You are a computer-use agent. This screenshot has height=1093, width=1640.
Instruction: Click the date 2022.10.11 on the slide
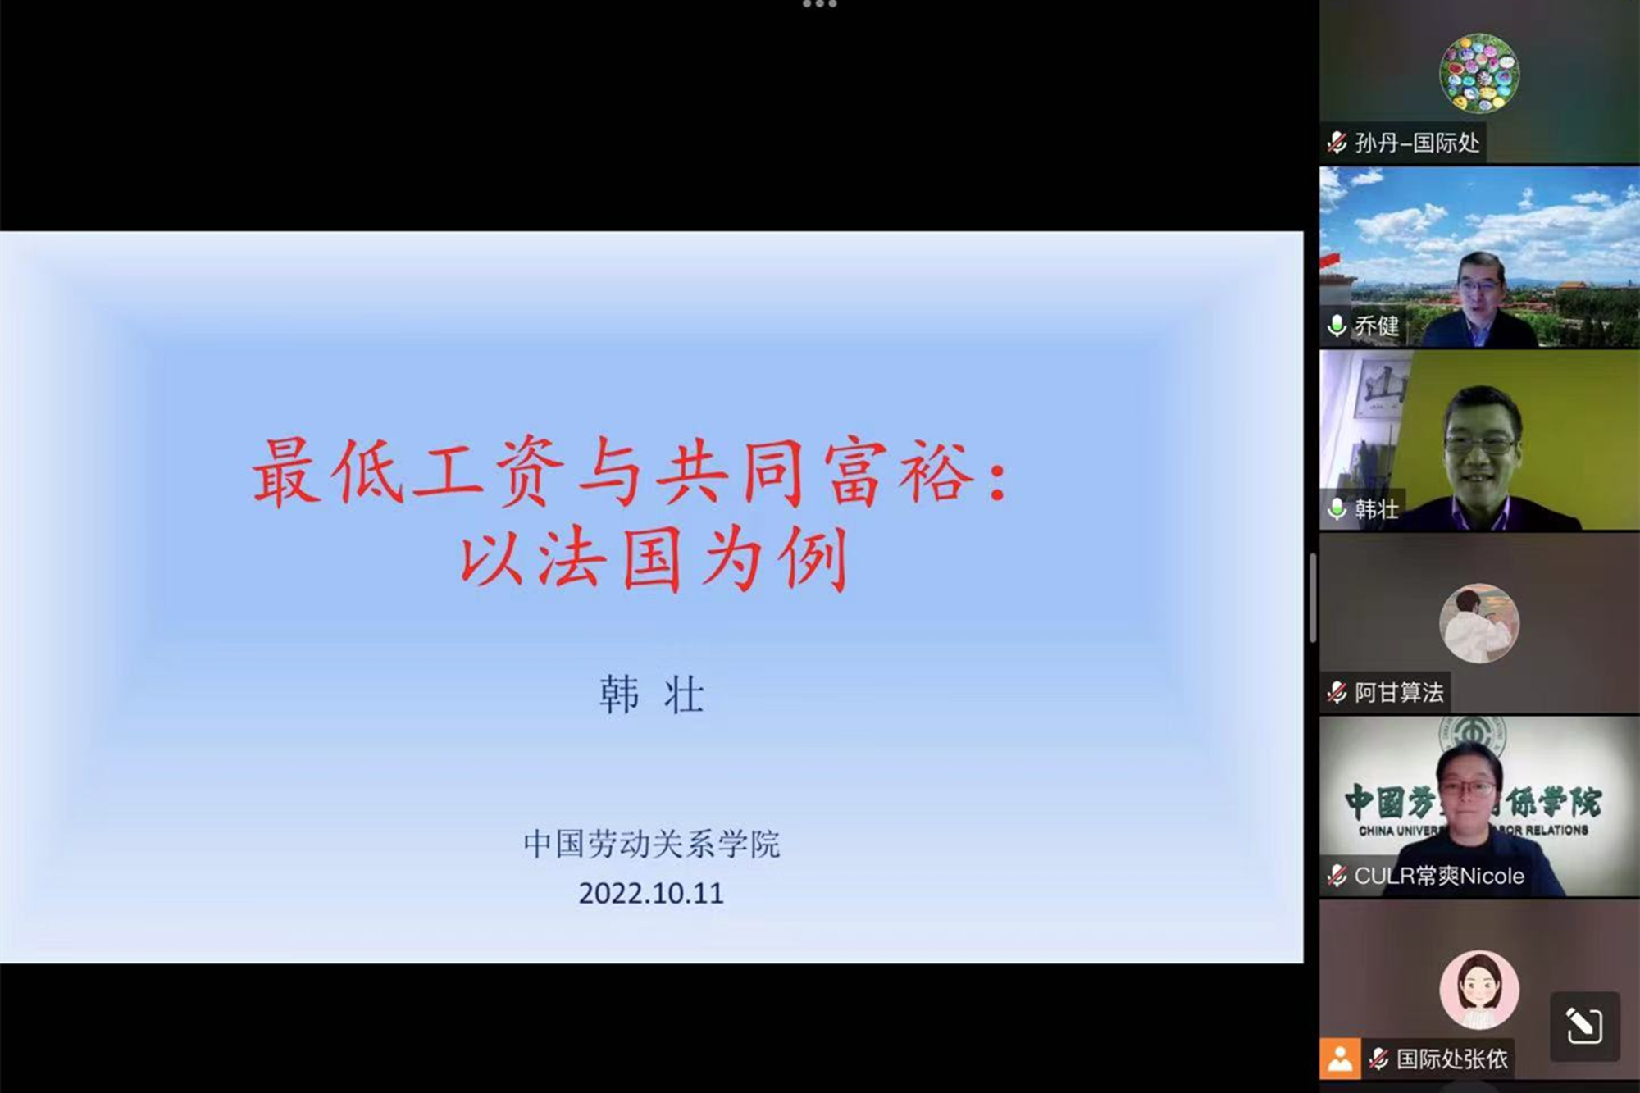tap(651, 893)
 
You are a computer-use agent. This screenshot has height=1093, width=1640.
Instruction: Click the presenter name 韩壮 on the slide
tap(651, 695)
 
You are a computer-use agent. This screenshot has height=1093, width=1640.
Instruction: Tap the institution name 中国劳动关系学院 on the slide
tap(651, 844)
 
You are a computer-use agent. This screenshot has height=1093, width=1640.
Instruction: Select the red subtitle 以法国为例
tap(654, 560)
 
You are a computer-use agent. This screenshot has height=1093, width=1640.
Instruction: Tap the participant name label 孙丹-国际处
tap(1416, 143)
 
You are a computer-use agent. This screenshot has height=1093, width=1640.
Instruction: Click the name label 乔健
tap(1376, 326)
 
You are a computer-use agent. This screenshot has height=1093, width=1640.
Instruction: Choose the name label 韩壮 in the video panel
tap(1376, 509)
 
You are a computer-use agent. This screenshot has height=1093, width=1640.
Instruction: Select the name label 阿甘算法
tap(1398, 693)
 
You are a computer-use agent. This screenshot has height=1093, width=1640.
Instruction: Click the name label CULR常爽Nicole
tap(1438, 876)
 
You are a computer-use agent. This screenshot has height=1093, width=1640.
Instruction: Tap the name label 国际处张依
tap(1451, 1059)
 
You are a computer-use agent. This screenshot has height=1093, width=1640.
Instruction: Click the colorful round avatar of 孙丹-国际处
tap(1479, 73)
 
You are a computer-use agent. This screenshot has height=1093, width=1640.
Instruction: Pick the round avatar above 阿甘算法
tap(1479, 623)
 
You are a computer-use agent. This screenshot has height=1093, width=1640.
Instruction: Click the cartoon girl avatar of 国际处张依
tap(1479, 990)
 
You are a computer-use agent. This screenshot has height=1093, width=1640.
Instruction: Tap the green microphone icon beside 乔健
tap(1337, 326)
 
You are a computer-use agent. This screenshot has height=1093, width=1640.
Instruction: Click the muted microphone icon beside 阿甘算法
tap(1337, 693)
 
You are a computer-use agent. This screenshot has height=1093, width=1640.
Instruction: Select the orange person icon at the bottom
tap(1340, 1059)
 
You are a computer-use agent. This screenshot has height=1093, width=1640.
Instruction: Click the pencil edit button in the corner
tap(1584, 1026)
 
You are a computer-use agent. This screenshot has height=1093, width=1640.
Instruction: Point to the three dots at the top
tap(819, 5)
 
